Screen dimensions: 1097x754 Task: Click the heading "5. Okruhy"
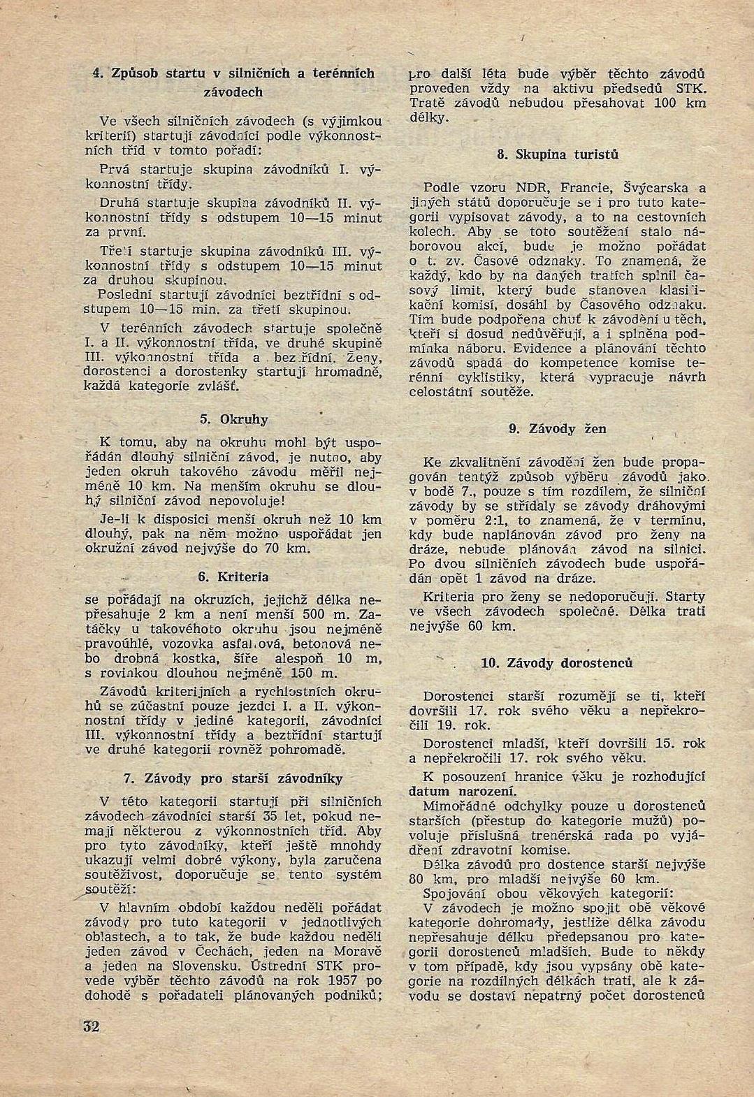pos(234,419)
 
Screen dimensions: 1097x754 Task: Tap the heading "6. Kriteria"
pos(234,577)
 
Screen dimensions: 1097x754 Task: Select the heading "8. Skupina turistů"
pos(558,154)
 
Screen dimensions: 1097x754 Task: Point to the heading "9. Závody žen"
pos(558,428)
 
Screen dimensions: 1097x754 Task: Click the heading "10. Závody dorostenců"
pos(558,662)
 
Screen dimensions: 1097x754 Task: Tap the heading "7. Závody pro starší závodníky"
pos(234,778)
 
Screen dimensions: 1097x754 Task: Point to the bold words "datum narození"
pos(463,792)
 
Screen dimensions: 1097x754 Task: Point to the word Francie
pos(588,187)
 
